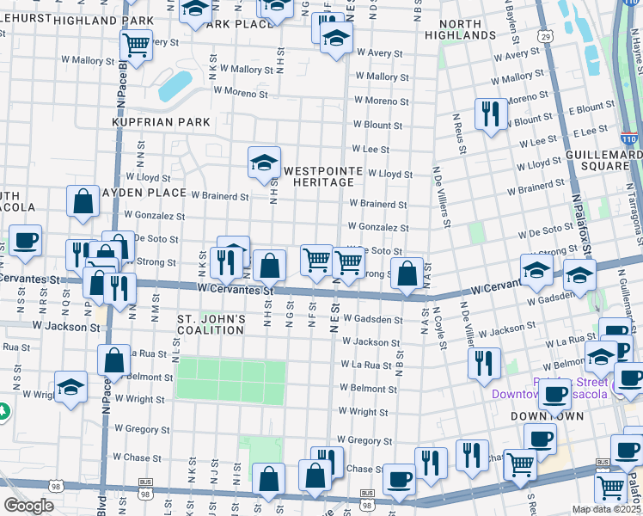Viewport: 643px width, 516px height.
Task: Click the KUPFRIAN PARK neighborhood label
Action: pyautogui.click(x=162, y=123)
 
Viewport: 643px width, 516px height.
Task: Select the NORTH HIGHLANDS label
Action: pyautogui.click(x=467, y=29)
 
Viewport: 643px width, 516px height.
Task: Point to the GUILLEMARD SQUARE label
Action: pyautogui.click(x=606, y=159)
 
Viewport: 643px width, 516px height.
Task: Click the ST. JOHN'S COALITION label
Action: pyautogui.click(x=211, y=324)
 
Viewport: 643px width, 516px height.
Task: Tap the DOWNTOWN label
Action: pyautogui.click(x=548, y=416)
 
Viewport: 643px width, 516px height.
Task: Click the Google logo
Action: pyautogui.click(x=28, y=506)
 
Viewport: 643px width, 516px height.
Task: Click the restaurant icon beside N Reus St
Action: pyautogui.click(x=490, y=114)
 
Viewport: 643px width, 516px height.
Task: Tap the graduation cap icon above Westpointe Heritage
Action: pyautogui.click(x=265, y=162)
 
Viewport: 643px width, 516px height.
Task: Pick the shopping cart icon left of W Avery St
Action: pyautogui.click(x=136, y=42)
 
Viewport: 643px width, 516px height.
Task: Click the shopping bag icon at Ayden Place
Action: pyautogui.click(x=83, y=201)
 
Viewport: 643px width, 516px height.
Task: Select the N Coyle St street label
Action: pyautogui.click(x=439, y=328)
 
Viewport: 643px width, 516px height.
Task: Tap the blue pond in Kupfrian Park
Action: pyautogui.click(x=175, y=84)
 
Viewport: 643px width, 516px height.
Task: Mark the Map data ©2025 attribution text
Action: pyautogui.click(x=607, y=509)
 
